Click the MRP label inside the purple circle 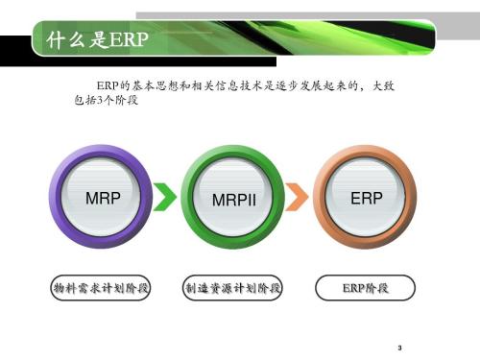(x=103, y=199)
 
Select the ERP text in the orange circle (x=367, y=199)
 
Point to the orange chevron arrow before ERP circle (x=299, y=197)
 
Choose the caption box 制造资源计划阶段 (x=233, y=288)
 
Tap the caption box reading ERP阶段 (x=366, y=288)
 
